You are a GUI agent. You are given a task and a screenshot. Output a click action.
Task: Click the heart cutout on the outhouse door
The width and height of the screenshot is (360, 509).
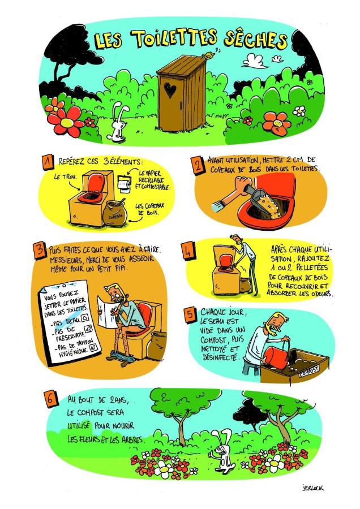pos(170,90)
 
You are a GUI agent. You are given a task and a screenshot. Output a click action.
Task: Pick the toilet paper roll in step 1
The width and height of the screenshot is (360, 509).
pos(123,184)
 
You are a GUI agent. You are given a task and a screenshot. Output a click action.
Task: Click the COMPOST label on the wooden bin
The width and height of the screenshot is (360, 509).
pos(308,370)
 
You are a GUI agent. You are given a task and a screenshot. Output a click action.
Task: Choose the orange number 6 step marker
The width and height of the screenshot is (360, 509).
pos(50,399)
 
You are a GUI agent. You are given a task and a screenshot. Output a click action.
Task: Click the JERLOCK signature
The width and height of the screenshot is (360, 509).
pos(312,488)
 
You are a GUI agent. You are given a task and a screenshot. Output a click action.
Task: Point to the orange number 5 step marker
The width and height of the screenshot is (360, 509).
pos(190,314)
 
